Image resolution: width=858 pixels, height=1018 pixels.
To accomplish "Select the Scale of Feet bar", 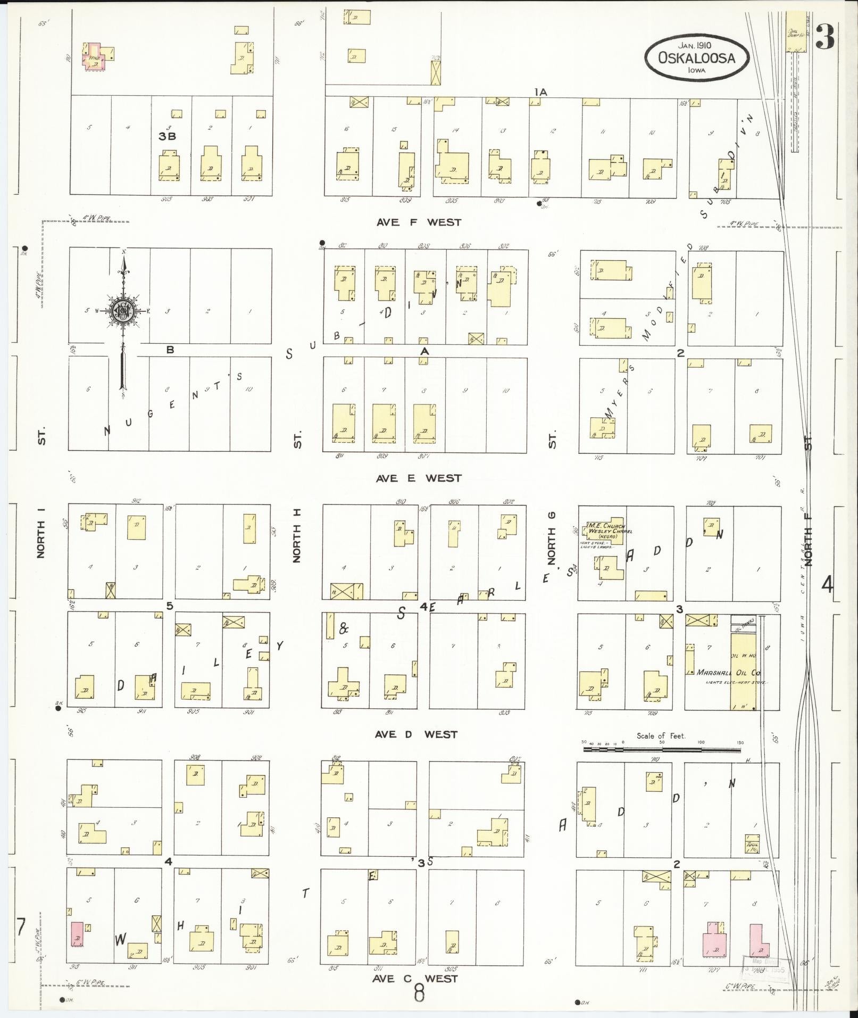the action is point(662,749).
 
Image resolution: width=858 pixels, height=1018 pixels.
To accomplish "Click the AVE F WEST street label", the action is point(419,222).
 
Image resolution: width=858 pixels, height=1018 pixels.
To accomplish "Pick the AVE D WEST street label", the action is point(416,734).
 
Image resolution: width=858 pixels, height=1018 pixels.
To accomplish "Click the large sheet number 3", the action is point(825,37).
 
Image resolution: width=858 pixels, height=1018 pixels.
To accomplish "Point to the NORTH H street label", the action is point(297,535).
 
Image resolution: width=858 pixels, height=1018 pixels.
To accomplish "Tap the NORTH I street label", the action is point(41,532).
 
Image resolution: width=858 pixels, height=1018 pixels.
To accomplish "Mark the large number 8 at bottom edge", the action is point(419,992).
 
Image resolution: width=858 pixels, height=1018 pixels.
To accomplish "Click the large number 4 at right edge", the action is point(827,585).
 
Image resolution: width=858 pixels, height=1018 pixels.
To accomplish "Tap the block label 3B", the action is point(167,136).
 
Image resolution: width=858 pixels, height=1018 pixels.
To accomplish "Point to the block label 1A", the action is point(540,92).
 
